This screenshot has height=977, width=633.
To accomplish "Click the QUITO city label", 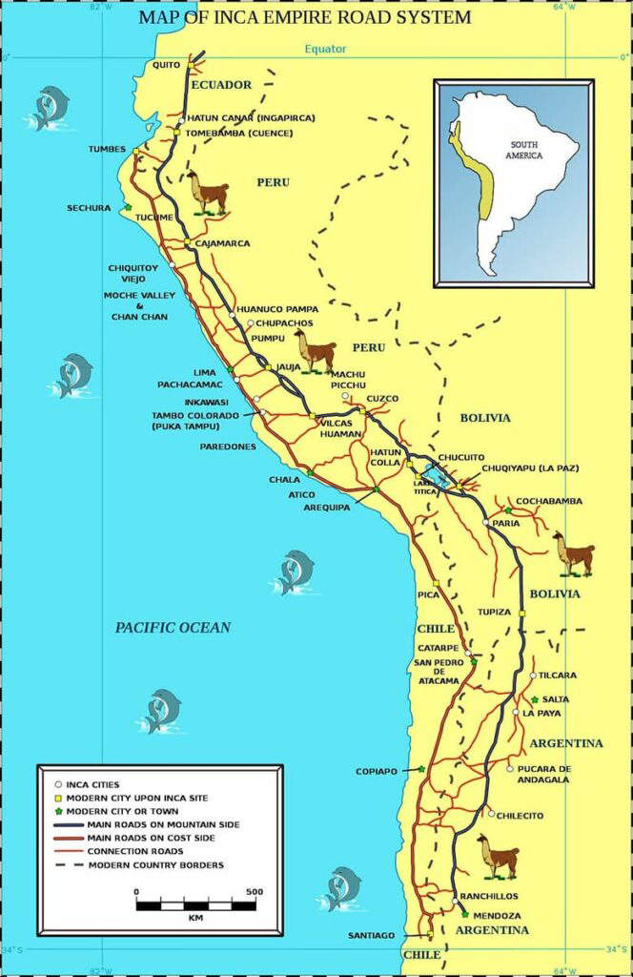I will point(166,65).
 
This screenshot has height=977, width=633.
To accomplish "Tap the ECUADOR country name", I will point(221,85).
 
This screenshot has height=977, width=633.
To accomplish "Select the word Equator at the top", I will point(326,49).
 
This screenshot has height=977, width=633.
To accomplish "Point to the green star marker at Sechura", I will point(128,207).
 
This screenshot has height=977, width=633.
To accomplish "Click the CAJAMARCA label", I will point(222,243).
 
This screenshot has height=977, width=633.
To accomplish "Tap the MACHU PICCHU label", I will point(348,380).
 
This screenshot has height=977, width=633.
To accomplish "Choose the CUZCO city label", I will point(382,398).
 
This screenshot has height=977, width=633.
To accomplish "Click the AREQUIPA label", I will point(326,508).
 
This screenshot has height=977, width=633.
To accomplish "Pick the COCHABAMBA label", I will point(549,501).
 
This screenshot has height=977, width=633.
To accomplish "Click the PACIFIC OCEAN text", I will point(173,627).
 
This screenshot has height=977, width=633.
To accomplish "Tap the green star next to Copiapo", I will point(420,769).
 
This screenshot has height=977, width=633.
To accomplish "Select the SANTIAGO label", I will point(371,935).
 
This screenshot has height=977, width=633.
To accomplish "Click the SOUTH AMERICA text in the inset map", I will point(524,149).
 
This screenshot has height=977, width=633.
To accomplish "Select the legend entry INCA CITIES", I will point(92,783).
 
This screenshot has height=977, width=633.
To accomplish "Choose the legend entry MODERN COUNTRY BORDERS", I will point(156,864).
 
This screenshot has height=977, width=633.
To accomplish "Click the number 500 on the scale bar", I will point(254,892).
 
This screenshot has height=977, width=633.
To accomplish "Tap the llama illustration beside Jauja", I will point(315,351).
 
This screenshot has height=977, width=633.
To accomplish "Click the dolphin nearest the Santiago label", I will point(340,887).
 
